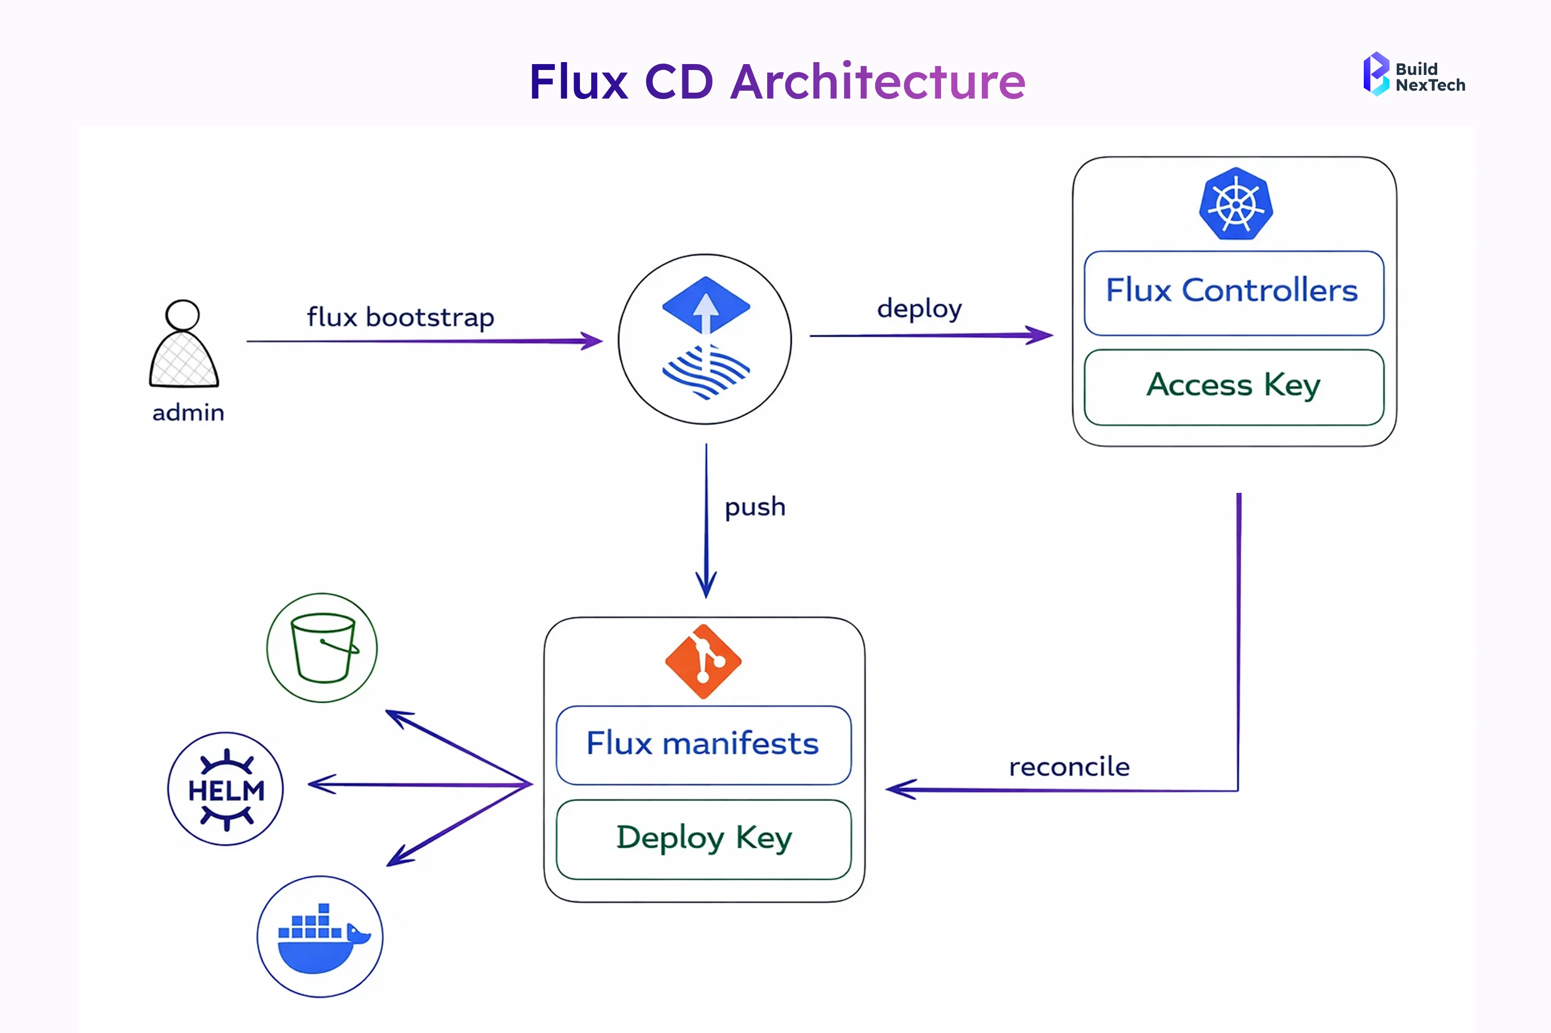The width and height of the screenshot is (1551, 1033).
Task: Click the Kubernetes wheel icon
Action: coord(1236,204)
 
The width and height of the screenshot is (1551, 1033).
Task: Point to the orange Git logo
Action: coord(703,661)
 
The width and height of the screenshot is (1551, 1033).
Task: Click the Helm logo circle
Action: coord(225,789)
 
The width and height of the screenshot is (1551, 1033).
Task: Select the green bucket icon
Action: coord(322,648)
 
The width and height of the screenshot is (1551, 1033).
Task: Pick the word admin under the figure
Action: coord(188,413)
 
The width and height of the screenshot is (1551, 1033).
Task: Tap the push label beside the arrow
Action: coord(755,507)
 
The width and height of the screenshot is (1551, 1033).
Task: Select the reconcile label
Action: coord(1069,767)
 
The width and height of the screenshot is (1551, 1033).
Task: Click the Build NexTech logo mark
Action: coord(1375,74)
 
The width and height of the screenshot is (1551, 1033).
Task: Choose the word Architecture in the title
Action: coord(877,82)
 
